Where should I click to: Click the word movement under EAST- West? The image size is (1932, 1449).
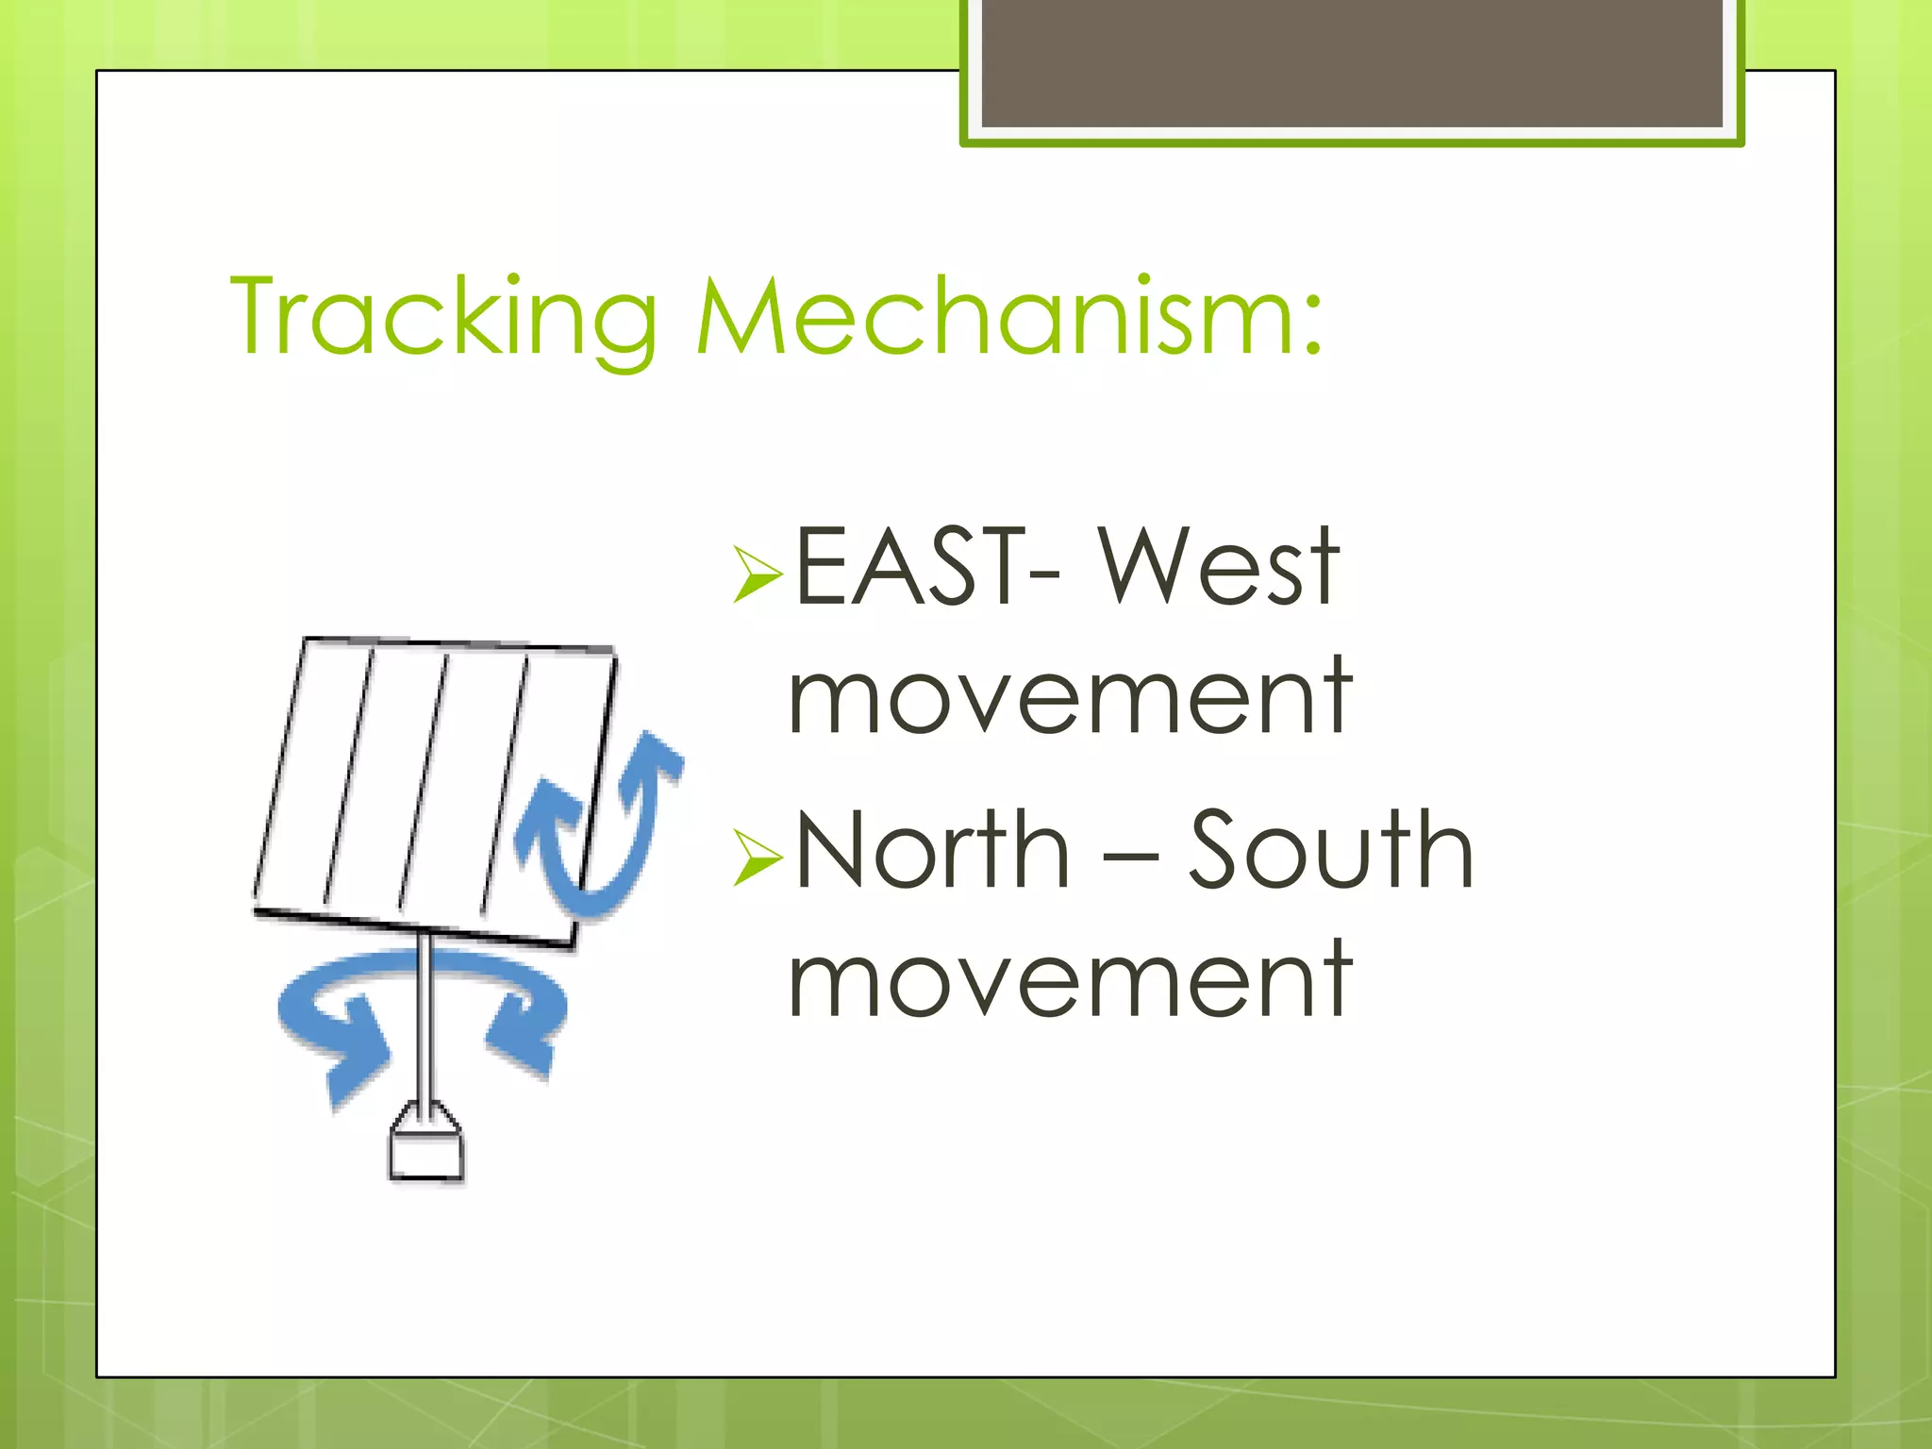1071,698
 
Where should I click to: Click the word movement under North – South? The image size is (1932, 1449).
1071,981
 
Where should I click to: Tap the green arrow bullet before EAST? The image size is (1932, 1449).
757,574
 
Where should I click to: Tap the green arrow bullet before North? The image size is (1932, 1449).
757,858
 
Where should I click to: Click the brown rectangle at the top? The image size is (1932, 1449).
1352,62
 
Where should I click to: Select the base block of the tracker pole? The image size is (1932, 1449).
426,1151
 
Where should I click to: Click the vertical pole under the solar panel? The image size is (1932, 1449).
425,1019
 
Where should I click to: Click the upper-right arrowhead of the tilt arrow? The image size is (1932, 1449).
656,755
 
